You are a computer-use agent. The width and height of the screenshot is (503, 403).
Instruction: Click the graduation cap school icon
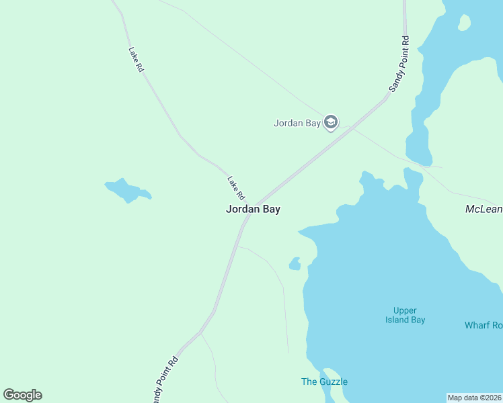pos(330,122)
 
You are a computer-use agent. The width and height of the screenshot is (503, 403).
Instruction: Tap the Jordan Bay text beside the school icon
pos(297,123)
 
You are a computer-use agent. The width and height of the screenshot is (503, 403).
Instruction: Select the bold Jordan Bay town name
pos(253,209)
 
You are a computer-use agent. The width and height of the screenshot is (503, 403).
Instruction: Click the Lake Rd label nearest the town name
pos(235,187)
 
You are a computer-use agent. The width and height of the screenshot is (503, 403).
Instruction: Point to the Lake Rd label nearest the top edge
pos(136,60)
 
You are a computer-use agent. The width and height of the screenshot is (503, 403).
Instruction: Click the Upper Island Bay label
pos(405,315)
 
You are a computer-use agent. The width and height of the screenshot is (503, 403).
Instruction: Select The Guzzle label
pos(324,382)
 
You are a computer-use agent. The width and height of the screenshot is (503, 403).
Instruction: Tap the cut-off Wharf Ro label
pos(483,325)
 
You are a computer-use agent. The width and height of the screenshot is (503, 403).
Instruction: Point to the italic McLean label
pos(483,210)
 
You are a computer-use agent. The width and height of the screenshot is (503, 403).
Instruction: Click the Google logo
pos(22,395)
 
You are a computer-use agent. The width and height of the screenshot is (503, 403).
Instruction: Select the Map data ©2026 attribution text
pos(475,398)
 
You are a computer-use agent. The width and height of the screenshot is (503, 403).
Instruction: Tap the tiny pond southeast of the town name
pos(295,263)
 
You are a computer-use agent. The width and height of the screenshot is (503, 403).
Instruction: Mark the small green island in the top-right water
pos(463,22)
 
